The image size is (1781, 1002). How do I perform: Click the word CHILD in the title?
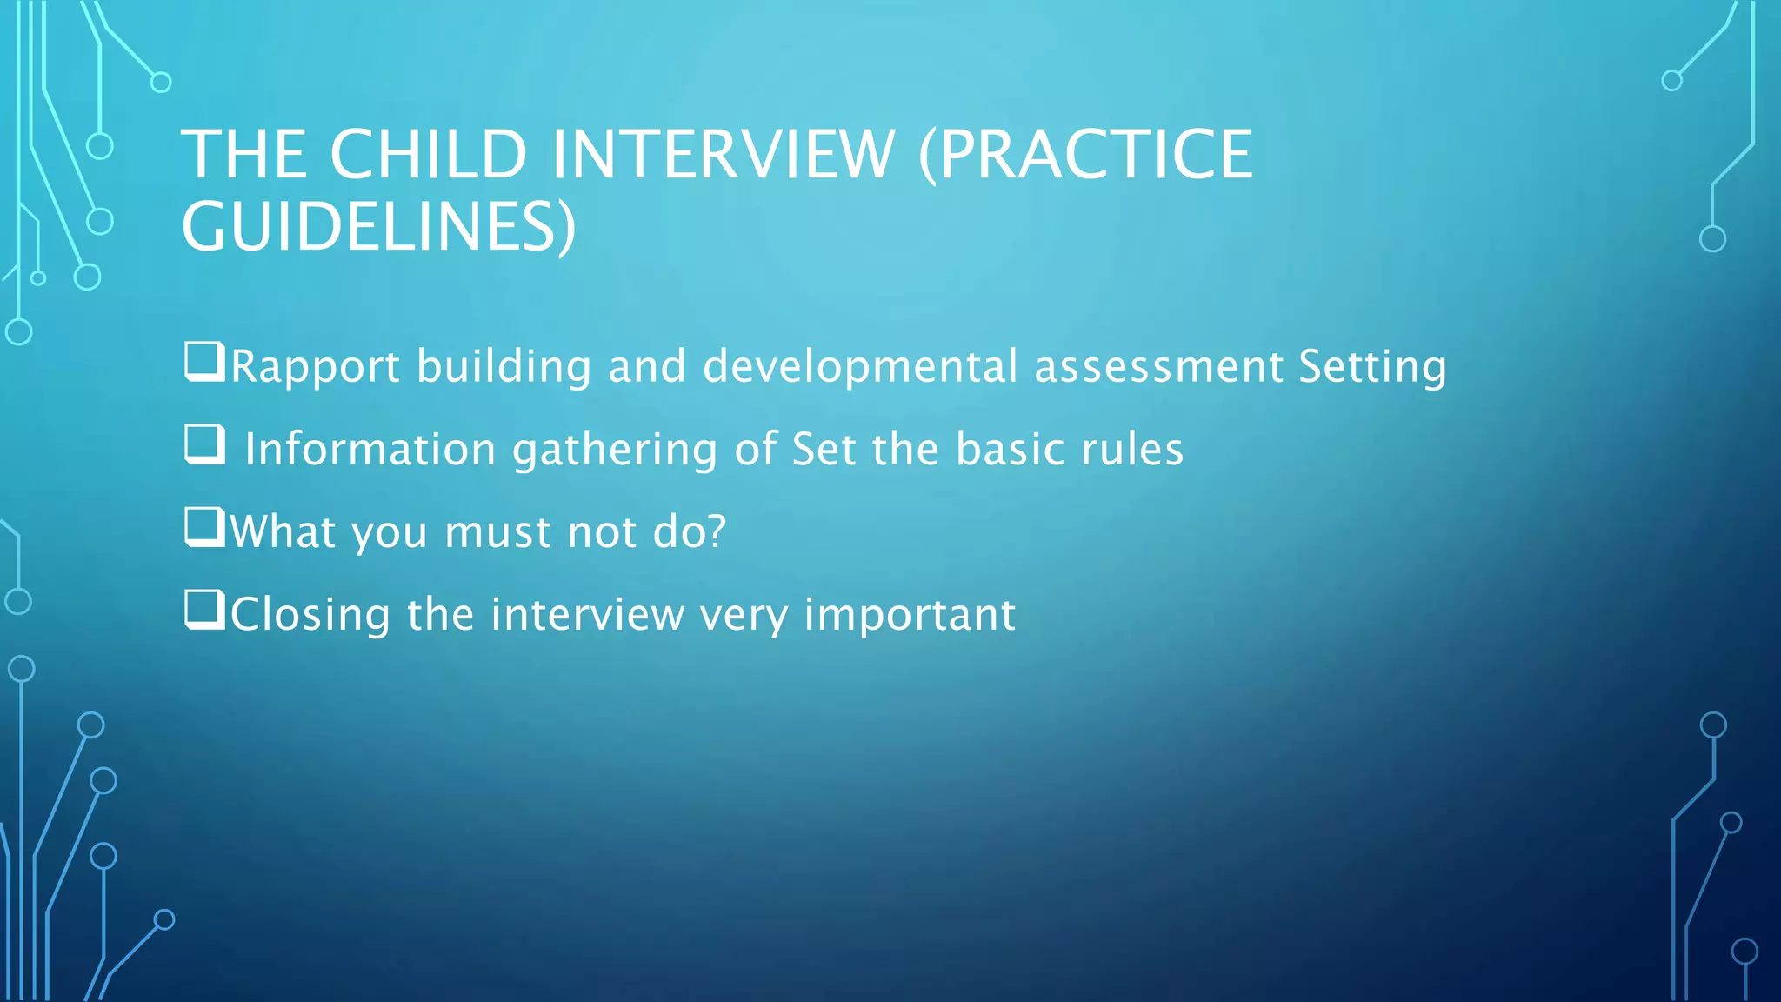tap(428, 155)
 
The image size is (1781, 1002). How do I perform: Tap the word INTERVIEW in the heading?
tap(723, 155)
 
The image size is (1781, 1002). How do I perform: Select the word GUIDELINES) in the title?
tap(378, 227)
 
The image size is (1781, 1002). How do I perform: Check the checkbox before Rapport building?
tap(204, 362)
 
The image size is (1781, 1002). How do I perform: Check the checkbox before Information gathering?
tap(204, 444)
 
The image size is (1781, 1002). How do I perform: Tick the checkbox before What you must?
tap(204, 527)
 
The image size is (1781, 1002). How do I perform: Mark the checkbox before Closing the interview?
tap(204, 610)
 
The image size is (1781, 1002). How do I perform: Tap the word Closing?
tap(310, 615)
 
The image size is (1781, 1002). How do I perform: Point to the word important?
tap(910, 615)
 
